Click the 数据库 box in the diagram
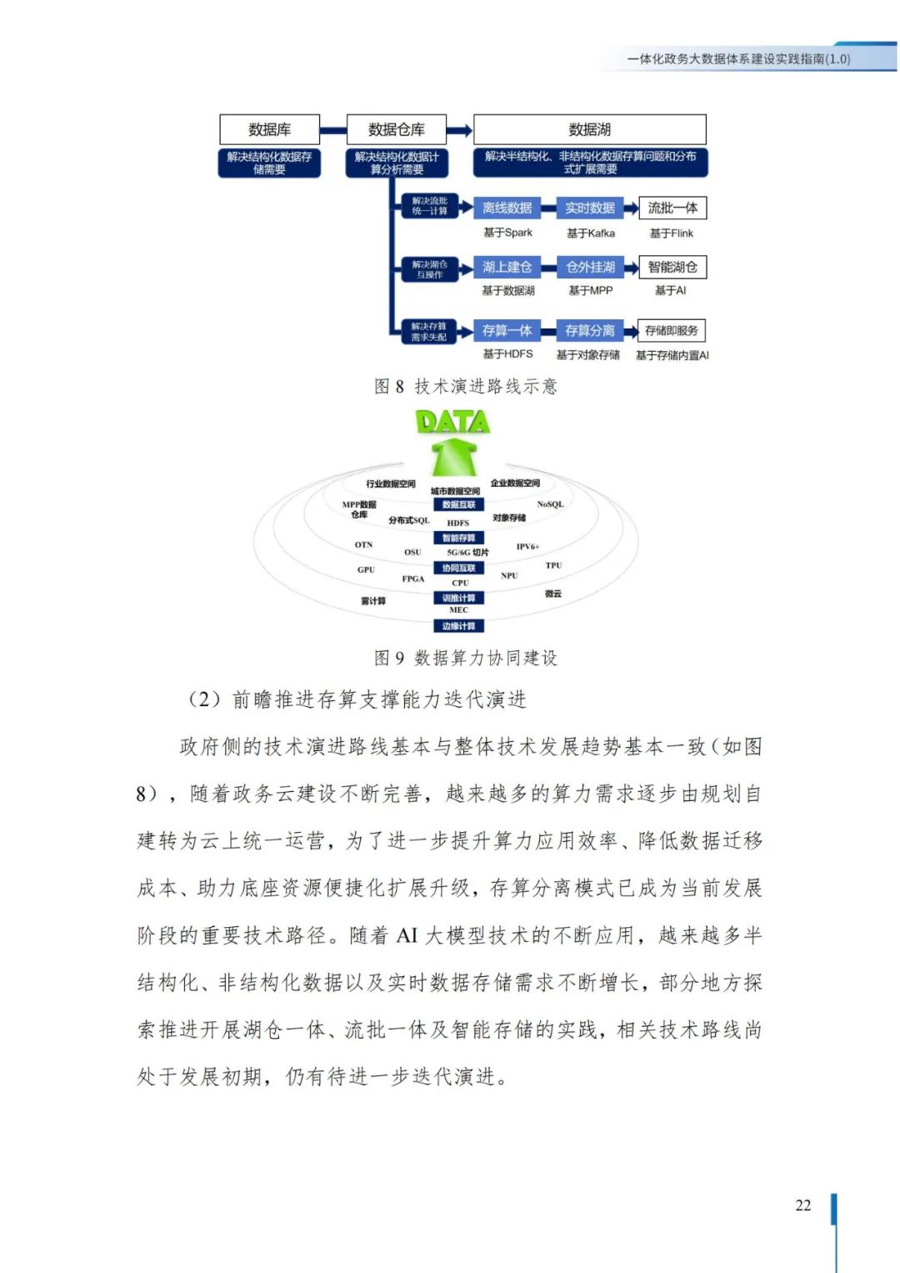(269, 129)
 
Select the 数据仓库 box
(396, 129)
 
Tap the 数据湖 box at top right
(589, 129)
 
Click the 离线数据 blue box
(507, 208)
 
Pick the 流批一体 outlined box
(672, 208)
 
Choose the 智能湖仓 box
(672, 267)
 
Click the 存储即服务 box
(671, 331)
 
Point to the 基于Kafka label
(590, 233)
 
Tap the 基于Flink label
(671, 233)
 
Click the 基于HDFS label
(507, 354)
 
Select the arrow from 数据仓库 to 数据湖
(459, 130)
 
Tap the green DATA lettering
(452, 422)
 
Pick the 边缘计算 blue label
(458, 626)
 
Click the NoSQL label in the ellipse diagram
(550, 504)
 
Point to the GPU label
(366, 570)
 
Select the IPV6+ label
(527, 547)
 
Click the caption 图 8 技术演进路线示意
(465, 386)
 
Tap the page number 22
(802, 1205)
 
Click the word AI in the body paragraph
(407, 935)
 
